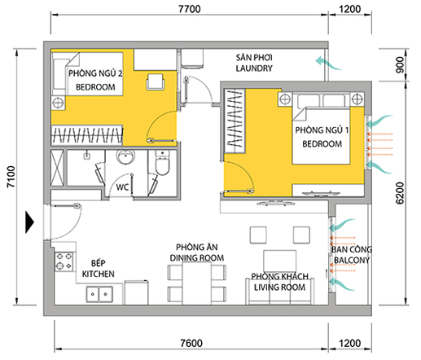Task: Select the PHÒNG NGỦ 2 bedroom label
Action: tap(99, 79)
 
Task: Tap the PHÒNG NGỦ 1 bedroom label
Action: tap(318, 137)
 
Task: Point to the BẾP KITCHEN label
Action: tap(98, 270)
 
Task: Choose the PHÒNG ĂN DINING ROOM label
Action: tap(195, 252)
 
